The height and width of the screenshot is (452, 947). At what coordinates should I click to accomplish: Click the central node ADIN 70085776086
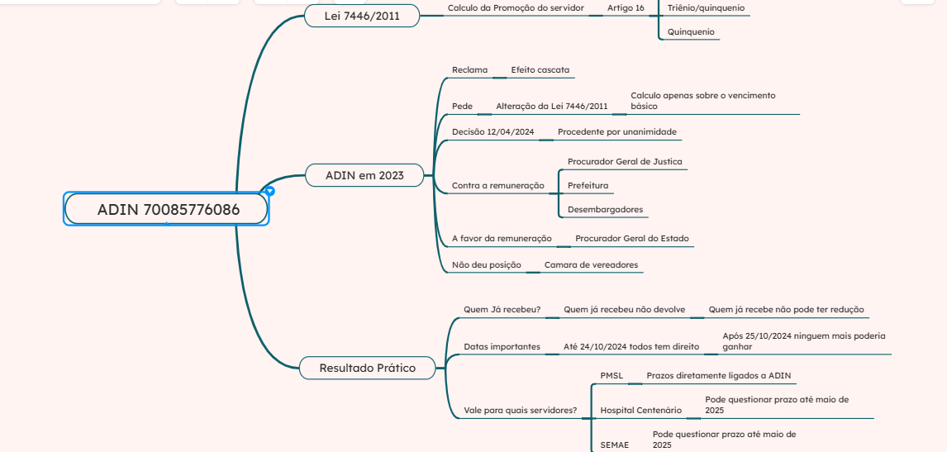[167, 209]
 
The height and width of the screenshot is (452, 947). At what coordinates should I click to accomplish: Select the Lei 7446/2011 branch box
[360, 16]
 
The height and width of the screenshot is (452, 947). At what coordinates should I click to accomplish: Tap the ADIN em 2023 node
[364, 175]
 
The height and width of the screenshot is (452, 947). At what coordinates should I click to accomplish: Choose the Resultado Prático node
[367, 368]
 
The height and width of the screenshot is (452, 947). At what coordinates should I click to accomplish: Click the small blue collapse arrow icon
[269, 191]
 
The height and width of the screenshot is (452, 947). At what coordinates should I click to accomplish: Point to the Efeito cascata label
[540, 70]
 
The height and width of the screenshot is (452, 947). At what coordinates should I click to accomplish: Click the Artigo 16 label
[626, 7]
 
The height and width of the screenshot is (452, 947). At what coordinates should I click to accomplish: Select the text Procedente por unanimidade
[616, 132]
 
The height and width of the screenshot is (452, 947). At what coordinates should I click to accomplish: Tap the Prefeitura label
[588, 186]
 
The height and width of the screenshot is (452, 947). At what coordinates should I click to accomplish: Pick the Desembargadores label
[605, 210]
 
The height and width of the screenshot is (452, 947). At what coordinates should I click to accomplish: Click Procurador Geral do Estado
[631, 239]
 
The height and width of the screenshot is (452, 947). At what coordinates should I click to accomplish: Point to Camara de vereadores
[591, 265]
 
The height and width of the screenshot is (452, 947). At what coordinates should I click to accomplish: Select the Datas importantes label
[502, 347]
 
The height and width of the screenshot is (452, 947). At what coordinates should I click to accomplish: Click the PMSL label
[612, 376]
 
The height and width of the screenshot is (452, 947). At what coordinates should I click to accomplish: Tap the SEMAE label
[614, 445]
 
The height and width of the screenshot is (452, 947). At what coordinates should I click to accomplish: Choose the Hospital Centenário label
[640, 411]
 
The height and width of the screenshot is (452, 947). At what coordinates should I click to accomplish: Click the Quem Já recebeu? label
[502, 310]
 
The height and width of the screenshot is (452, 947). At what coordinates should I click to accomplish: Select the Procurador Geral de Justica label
[625, 162]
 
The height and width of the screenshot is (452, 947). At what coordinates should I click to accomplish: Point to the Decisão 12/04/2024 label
[493, 132]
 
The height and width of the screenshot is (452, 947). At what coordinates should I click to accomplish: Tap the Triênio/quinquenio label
[705, 7]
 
